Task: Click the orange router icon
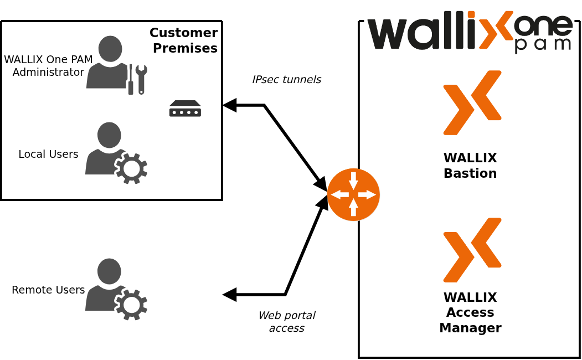click(x=353, y=194)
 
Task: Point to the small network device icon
click(x=185, y=109)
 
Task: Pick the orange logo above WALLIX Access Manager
click(x=472, y=250)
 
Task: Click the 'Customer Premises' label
click(x=184, y=40)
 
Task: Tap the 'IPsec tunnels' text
click(x=286, y=79)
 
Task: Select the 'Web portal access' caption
click(x=286, y=321)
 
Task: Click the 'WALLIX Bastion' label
click(x=470, y=165)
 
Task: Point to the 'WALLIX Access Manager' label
click(x=470, y=312)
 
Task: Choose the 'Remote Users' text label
click(x=48, y=290)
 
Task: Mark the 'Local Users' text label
click(x=48, y=154)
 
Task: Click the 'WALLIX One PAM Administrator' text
click(x=48, y=65)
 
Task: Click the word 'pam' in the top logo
click(x=543, y=44)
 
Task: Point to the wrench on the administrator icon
click(x=141, y=78)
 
